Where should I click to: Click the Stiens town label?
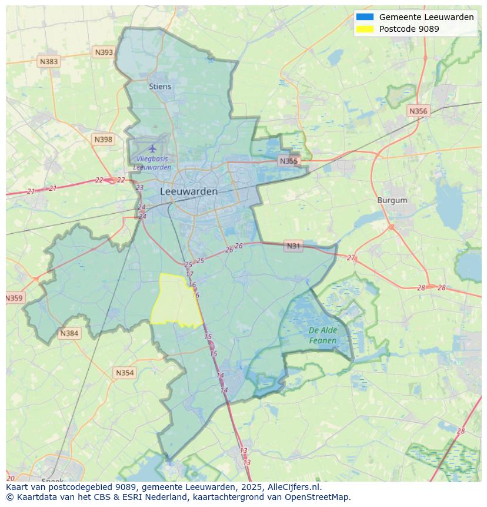(160, 87)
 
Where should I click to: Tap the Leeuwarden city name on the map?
(189, 191)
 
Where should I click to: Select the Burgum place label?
(392, 200)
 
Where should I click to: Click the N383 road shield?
(49, 61)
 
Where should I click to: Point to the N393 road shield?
(104, 52)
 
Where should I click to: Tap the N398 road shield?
(103, 140)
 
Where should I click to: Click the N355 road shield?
(289, 161)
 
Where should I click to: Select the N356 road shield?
(418, 111)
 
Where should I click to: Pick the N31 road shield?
(293, 246)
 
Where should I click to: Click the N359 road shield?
(14, 299)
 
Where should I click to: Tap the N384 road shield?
(69, 333)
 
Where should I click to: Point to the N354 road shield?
(125, 373)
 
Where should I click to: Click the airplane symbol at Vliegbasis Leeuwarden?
(153, 148)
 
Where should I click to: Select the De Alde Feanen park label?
(322, 336)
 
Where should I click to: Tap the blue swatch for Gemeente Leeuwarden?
(365, 17)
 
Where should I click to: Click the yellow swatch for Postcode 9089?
(365, 29)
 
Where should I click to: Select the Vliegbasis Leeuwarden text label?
(152, 163)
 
